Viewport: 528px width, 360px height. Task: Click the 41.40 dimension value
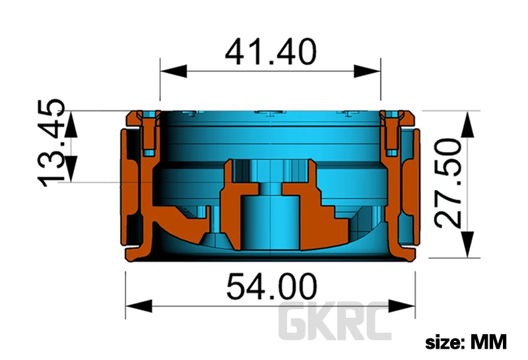(271, 52)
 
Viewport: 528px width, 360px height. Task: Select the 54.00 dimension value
(271, 287)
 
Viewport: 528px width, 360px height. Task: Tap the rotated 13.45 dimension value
(51, 143)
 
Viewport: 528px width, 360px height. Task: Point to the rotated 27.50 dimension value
(448, 184)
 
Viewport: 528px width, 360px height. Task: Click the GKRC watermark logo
(335, 322)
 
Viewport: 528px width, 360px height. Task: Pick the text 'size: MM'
(466, 342)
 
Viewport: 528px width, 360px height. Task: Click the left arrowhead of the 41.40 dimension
(174, 71)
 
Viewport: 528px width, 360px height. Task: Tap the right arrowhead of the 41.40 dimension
(367, 71)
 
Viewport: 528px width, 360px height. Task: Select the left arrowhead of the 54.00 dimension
(139, 306)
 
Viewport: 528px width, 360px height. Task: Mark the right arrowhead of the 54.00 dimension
(402, 306)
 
